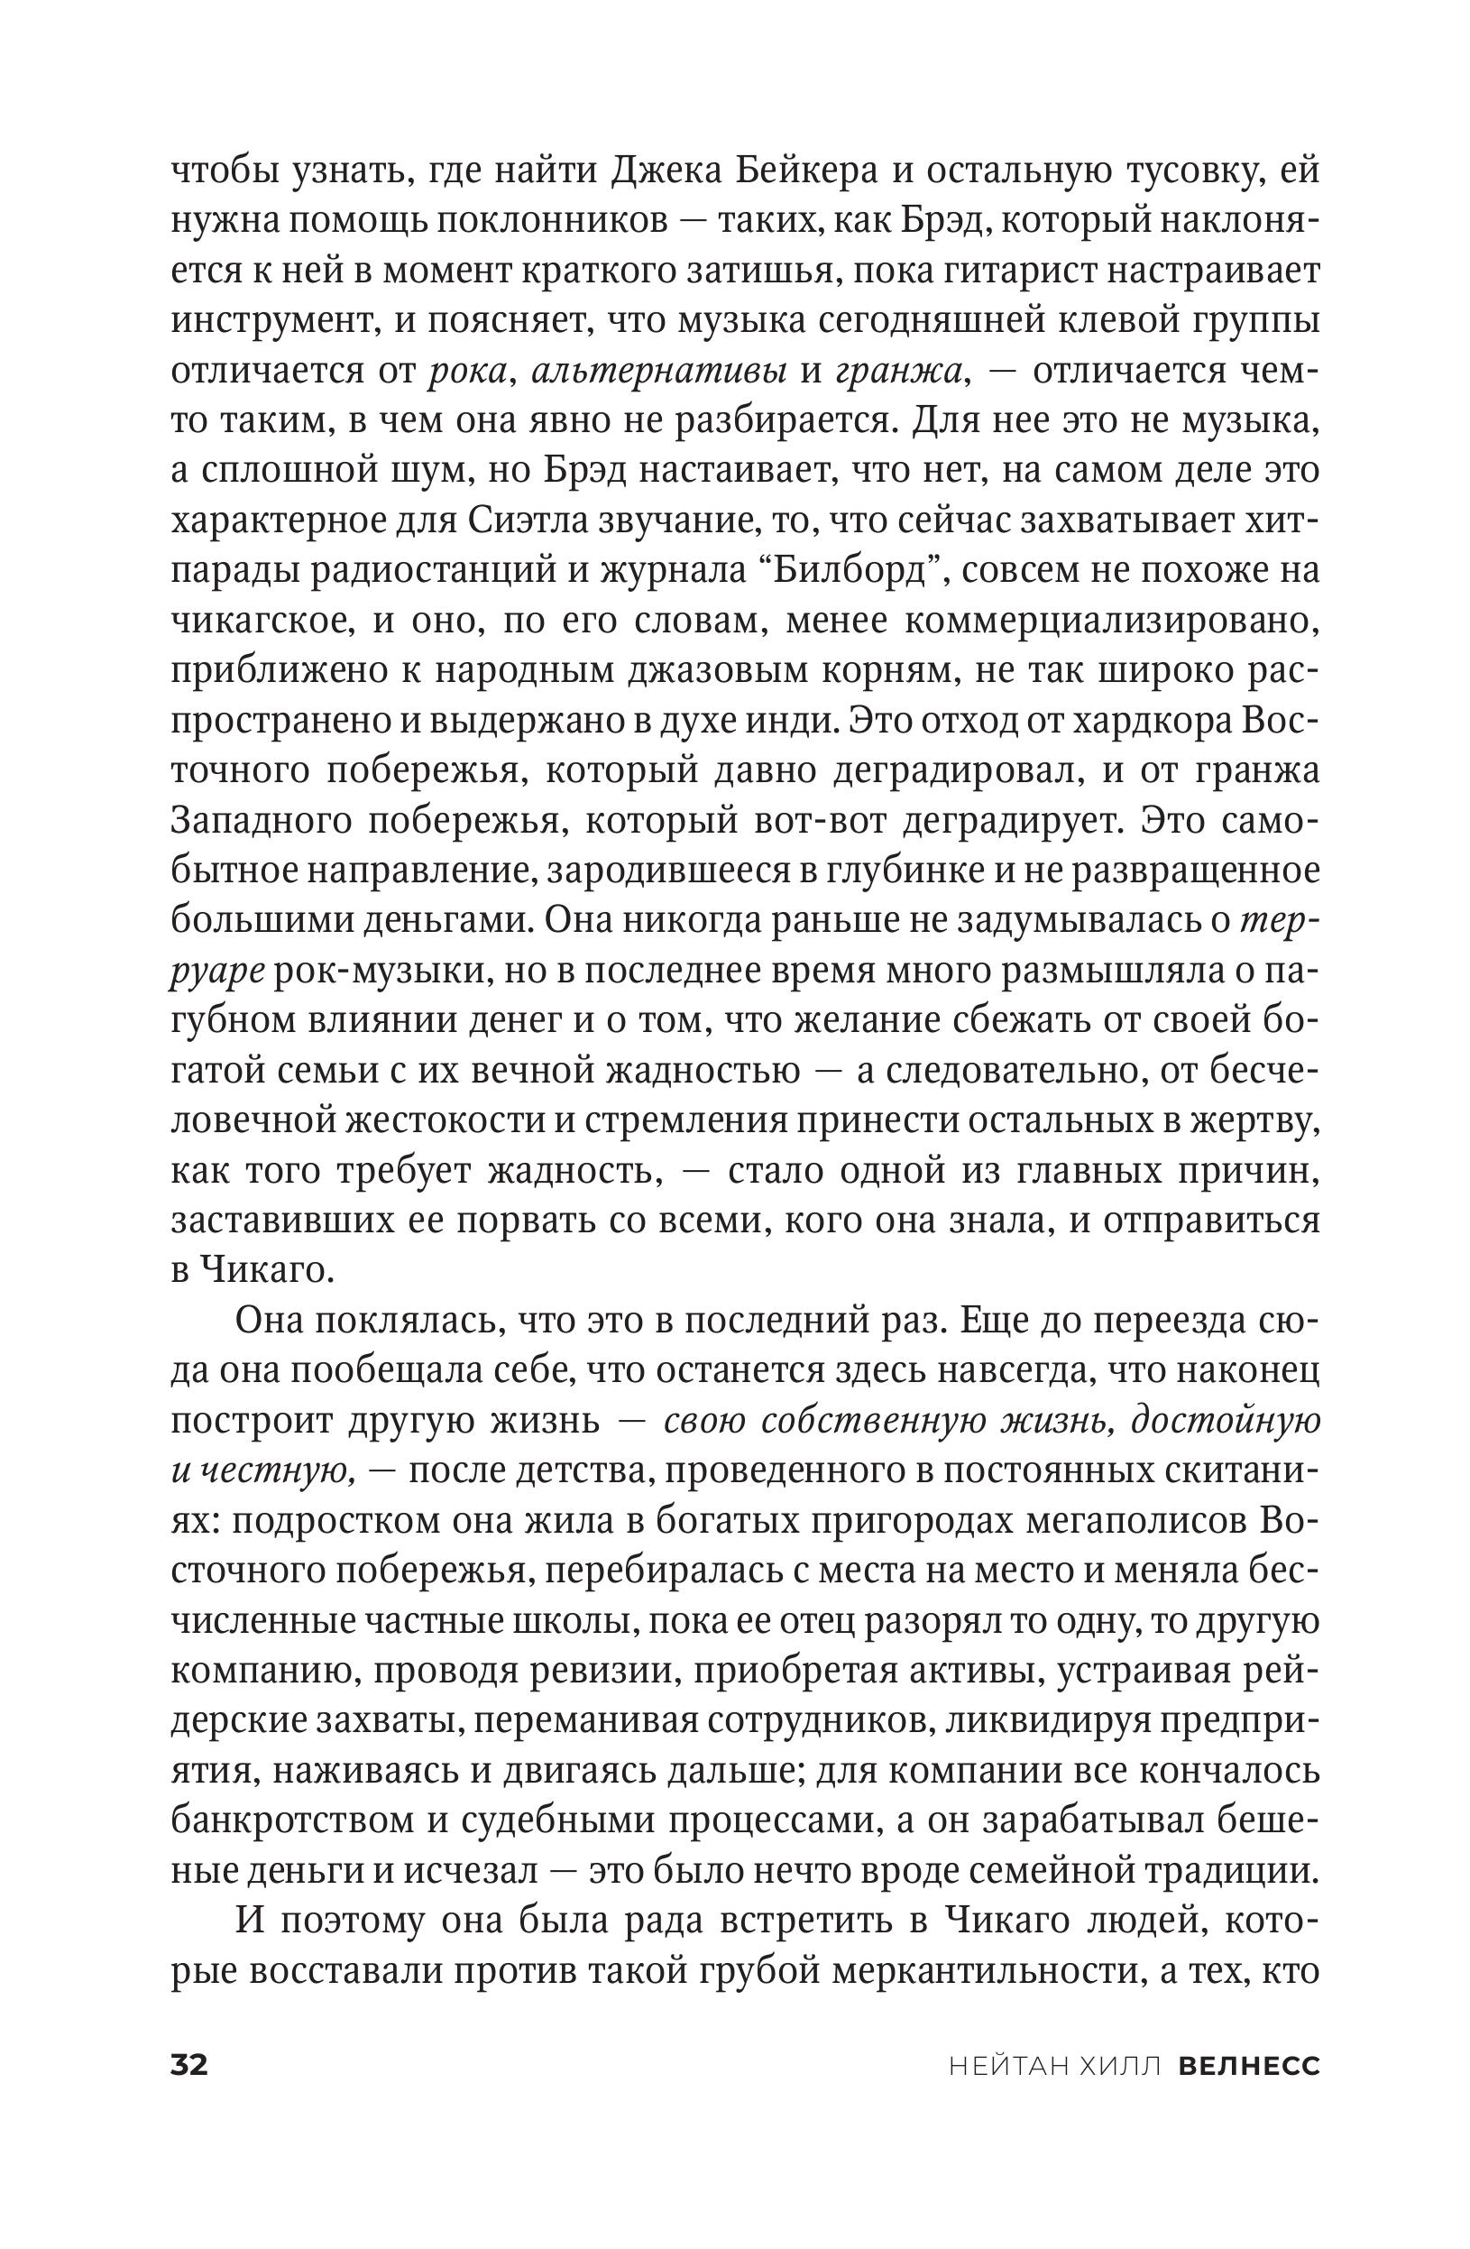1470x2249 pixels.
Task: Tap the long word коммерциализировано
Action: [1110, 621]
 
